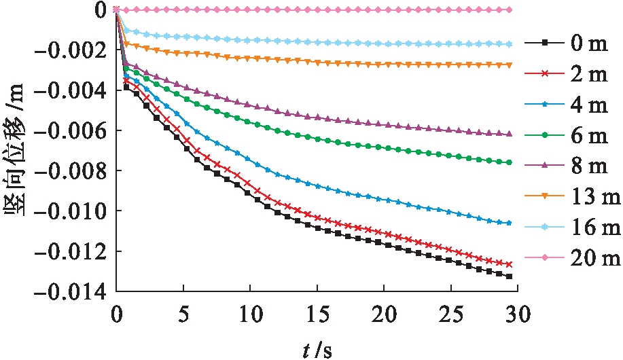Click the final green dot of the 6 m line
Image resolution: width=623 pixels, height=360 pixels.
point(509,162)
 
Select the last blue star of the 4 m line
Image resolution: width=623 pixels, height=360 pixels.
point(509,223)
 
